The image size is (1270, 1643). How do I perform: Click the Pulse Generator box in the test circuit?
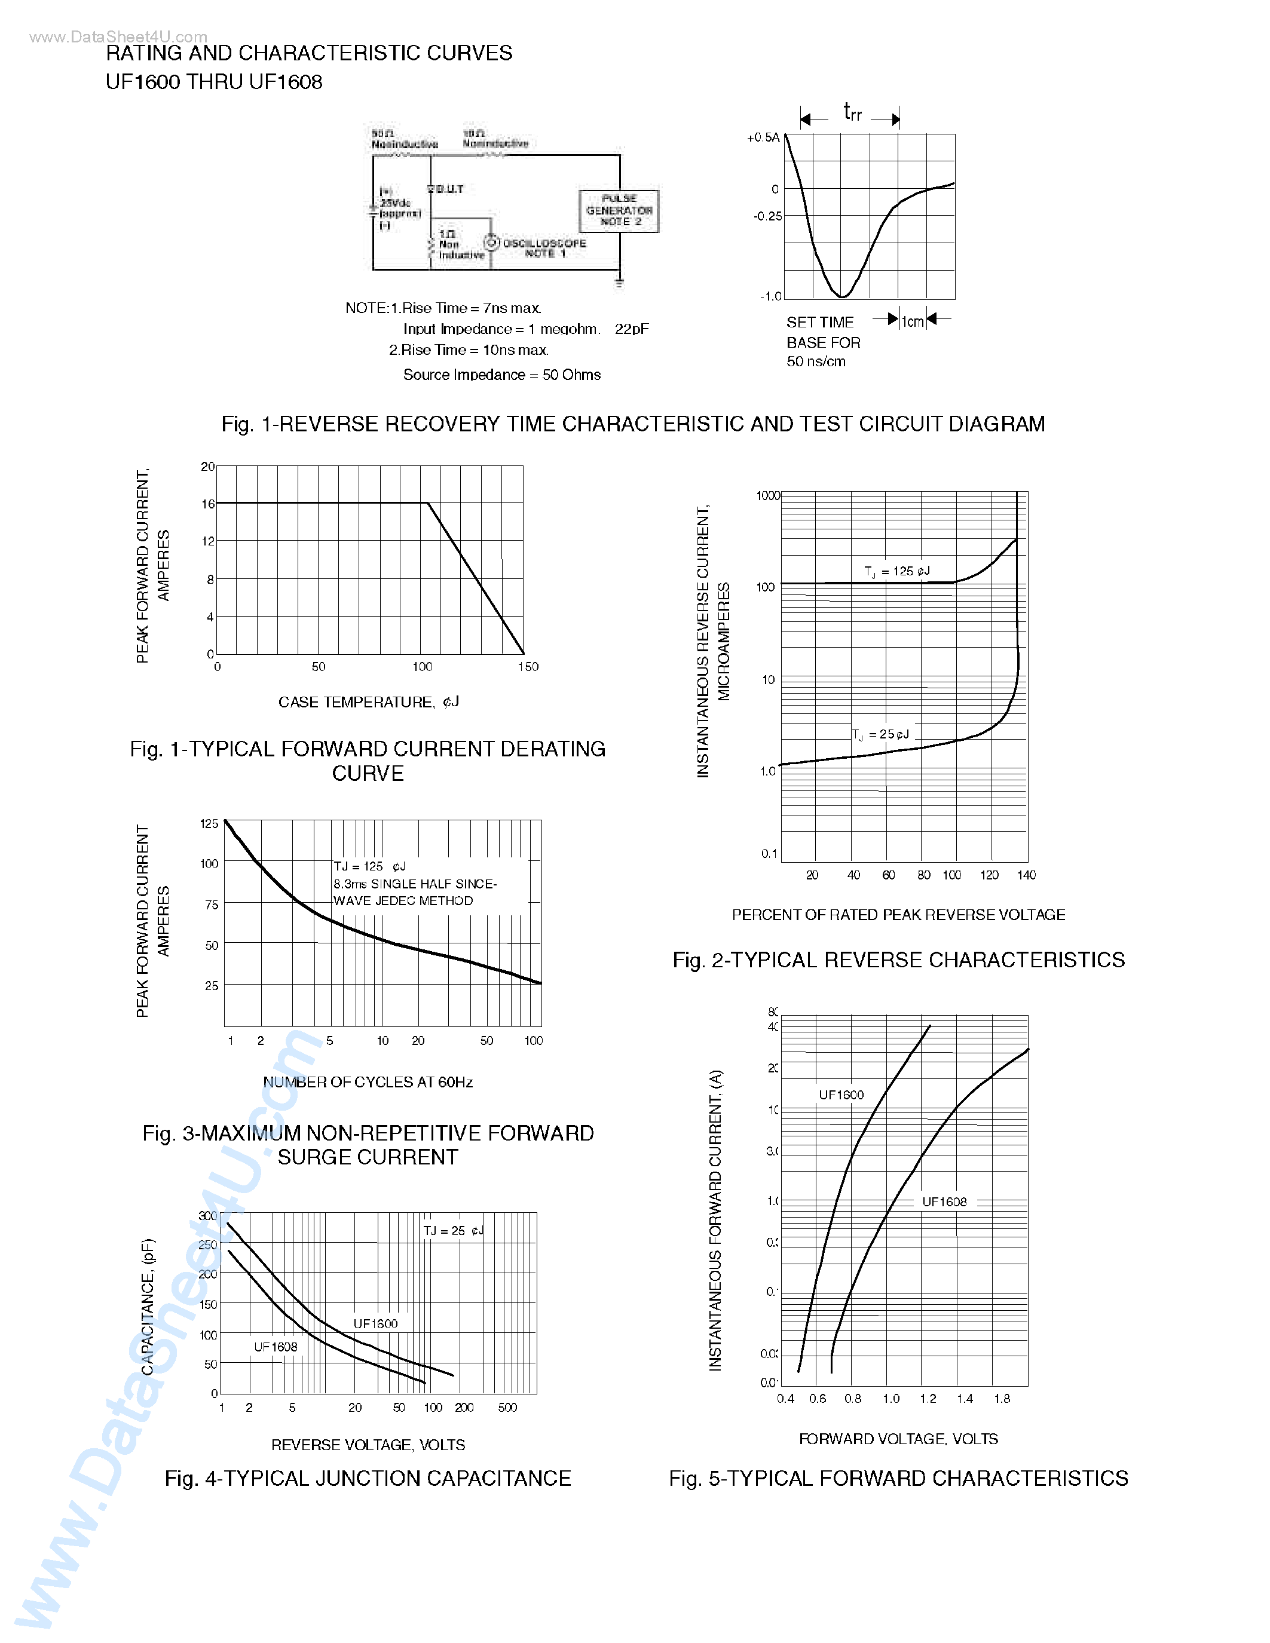(x=619, y=211)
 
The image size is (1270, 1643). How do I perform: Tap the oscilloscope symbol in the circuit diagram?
(x=491, y=242)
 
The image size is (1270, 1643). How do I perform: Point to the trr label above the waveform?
(x=852, y=113)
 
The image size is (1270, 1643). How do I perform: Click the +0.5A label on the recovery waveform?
(x=763, y=137)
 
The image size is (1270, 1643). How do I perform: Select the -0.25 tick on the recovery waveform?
(x=767, y=217)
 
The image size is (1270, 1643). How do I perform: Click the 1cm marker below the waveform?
(x=913, y=322)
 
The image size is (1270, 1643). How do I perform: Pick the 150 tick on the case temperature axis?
(x=528, y=667)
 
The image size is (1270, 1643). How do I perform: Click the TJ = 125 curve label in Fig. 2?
(x=897, y=572)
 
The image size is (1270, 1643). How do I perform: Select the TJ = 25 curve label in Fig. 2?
(x=880, y=734)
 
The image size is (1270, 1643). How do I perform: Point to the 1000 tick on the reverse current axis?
(x=767, y=496)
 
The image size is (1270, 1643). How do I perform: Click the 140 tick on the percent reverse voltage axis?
(x=1026, y=875)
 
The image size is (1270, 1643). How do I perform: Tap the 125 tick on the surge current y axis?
(x=209, y=824)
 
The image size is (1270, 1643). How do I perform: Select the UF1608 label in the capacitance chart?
(x=276, y=1347)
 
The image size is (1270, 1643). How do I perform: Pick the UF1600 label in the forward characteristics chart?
(x=841, y=1095)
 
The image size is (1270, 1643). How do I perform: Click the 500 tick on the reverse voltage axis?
(x=507, y=1408)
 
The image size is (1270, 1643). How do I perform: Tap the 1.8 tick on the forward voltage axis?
(x=1002, y=1399)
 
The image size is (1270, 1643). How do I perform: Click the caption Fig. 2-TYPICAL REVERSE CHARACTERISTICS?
(x=898, y=960)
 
